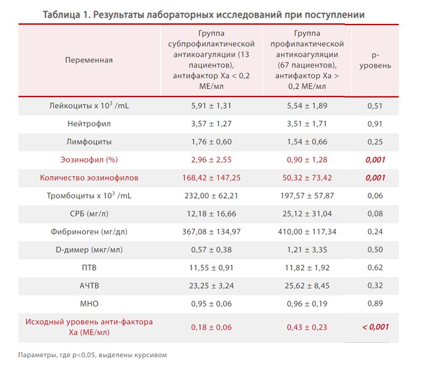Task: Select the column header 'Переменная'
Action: [89, 60]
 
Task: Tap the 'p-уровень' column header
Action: [375, 60]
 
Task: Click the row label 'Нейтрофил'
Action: [89, 124]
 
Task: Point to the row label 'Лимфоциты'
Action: [89, 142]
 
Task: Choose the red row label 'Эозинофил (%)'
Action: [89, 160]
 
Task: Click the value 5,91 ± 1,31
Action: [210, 106]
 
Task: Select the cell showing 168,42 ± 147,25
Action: [210, 178]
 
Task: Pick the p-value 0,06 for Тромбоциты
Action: [375, 196]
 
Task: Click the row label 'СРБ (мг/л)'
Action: [89, 214]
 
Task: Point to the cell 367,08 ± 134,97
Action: [210, 232]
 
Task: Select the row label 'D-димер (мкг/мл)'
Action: [89, 250]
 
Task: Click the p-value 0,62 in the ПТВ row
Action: [375, 268]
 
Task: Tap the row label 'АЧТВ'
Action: [89, 286]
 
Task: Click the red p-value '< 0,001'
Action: [375, 327]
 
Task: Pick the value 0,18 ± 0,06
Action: [210, 327]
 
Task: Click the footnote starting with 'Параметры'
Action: [92, 355]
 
